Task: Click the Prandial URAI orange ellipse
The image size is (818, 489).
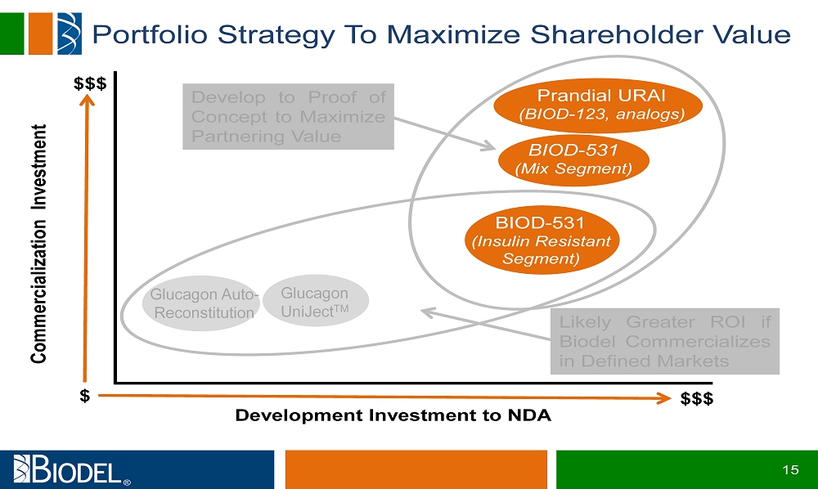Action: (598, 105)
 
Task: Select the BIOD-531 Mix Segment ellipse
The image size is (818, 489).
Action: (574, 159)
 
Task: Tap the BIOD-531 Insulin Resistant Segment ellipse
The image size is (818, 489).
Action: (542, 240)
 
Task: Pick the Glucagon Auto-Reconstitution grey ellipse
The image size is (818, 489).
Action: (201, 303)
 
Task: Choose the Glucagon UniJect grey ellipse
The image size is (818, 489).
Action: (316, 301)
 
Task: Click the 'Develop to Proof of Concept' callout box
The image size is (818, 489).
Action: (288, 117)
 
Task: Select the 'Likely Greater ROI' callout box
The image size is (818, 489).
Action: (664, 342)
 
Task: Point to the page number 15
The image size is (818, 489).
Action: (790, 469)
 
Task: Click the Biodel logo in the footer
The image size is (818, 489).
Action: (72, 469)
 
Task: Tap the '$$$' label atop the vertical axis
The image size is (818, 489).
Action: (90, 83)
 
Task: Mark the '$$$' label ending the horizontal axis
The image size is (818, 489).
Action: (697, 399)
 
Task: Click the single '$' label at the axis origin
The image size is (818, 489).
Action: (85, 397)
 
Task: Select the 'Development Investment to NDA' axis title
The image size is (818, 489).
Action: (393, 415)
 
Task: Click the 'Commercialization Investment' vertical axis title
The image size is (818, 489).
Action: (39, 244)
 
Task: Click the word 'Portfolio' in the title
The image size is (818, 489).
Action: (150, 34)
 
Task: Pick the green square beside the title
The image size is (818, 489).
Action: (12, 34)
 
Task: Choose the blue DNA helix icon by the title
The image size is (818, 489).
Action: (70, 34)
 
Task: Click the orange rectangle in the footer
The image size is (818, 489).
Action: (416, 469)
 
